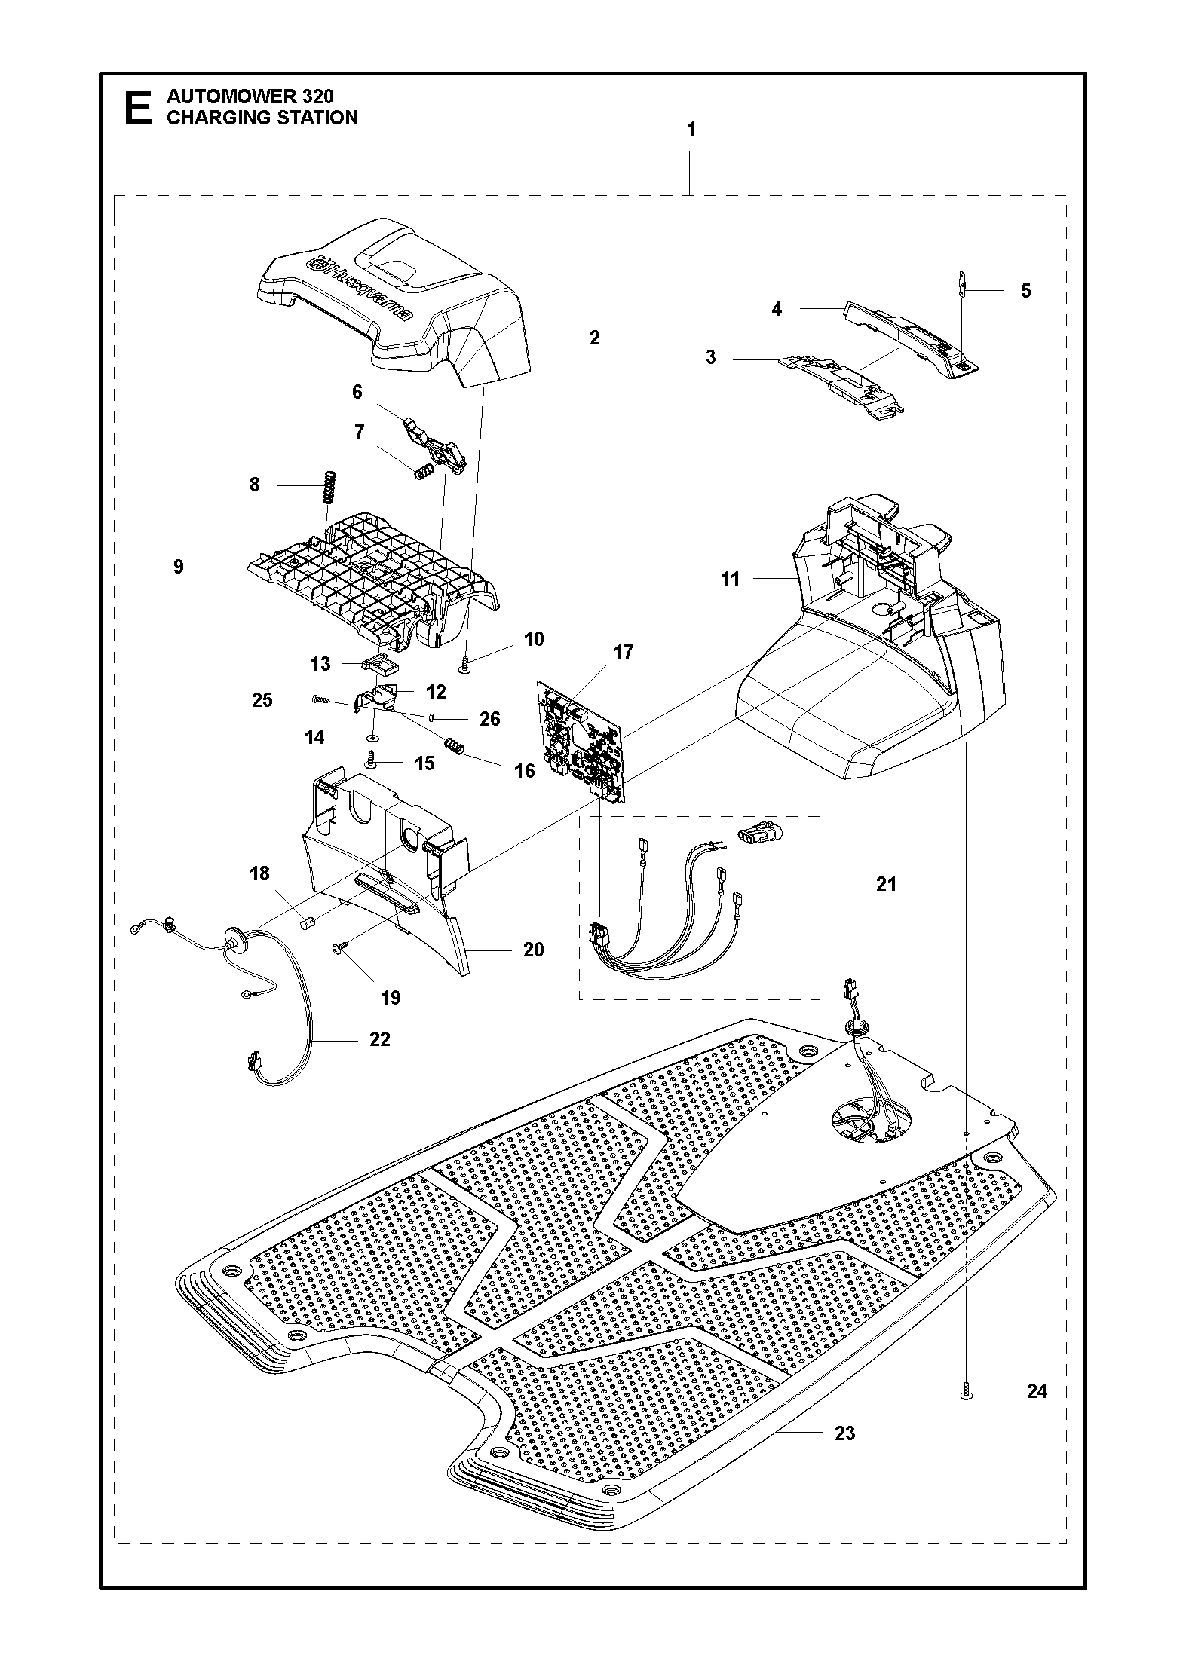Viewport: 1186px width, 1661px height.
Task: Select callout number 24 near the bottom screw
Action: point(1037,1392)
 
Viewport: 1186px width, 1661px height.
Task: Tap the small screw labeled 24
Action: point(966,1396)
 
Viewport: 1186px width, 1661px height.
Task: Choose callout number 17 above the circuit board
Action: point(624,652)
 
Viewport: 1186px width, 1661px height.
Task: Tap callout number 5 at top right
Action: point(1025,291)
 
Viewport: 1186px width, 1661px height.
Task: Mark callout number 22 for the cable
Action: point(380,1039)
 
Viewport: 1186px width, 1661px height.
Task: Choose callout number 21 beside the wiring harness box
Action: point(886,884)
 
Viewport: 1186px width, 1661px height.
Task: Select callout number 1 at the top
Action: point(691,130)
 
